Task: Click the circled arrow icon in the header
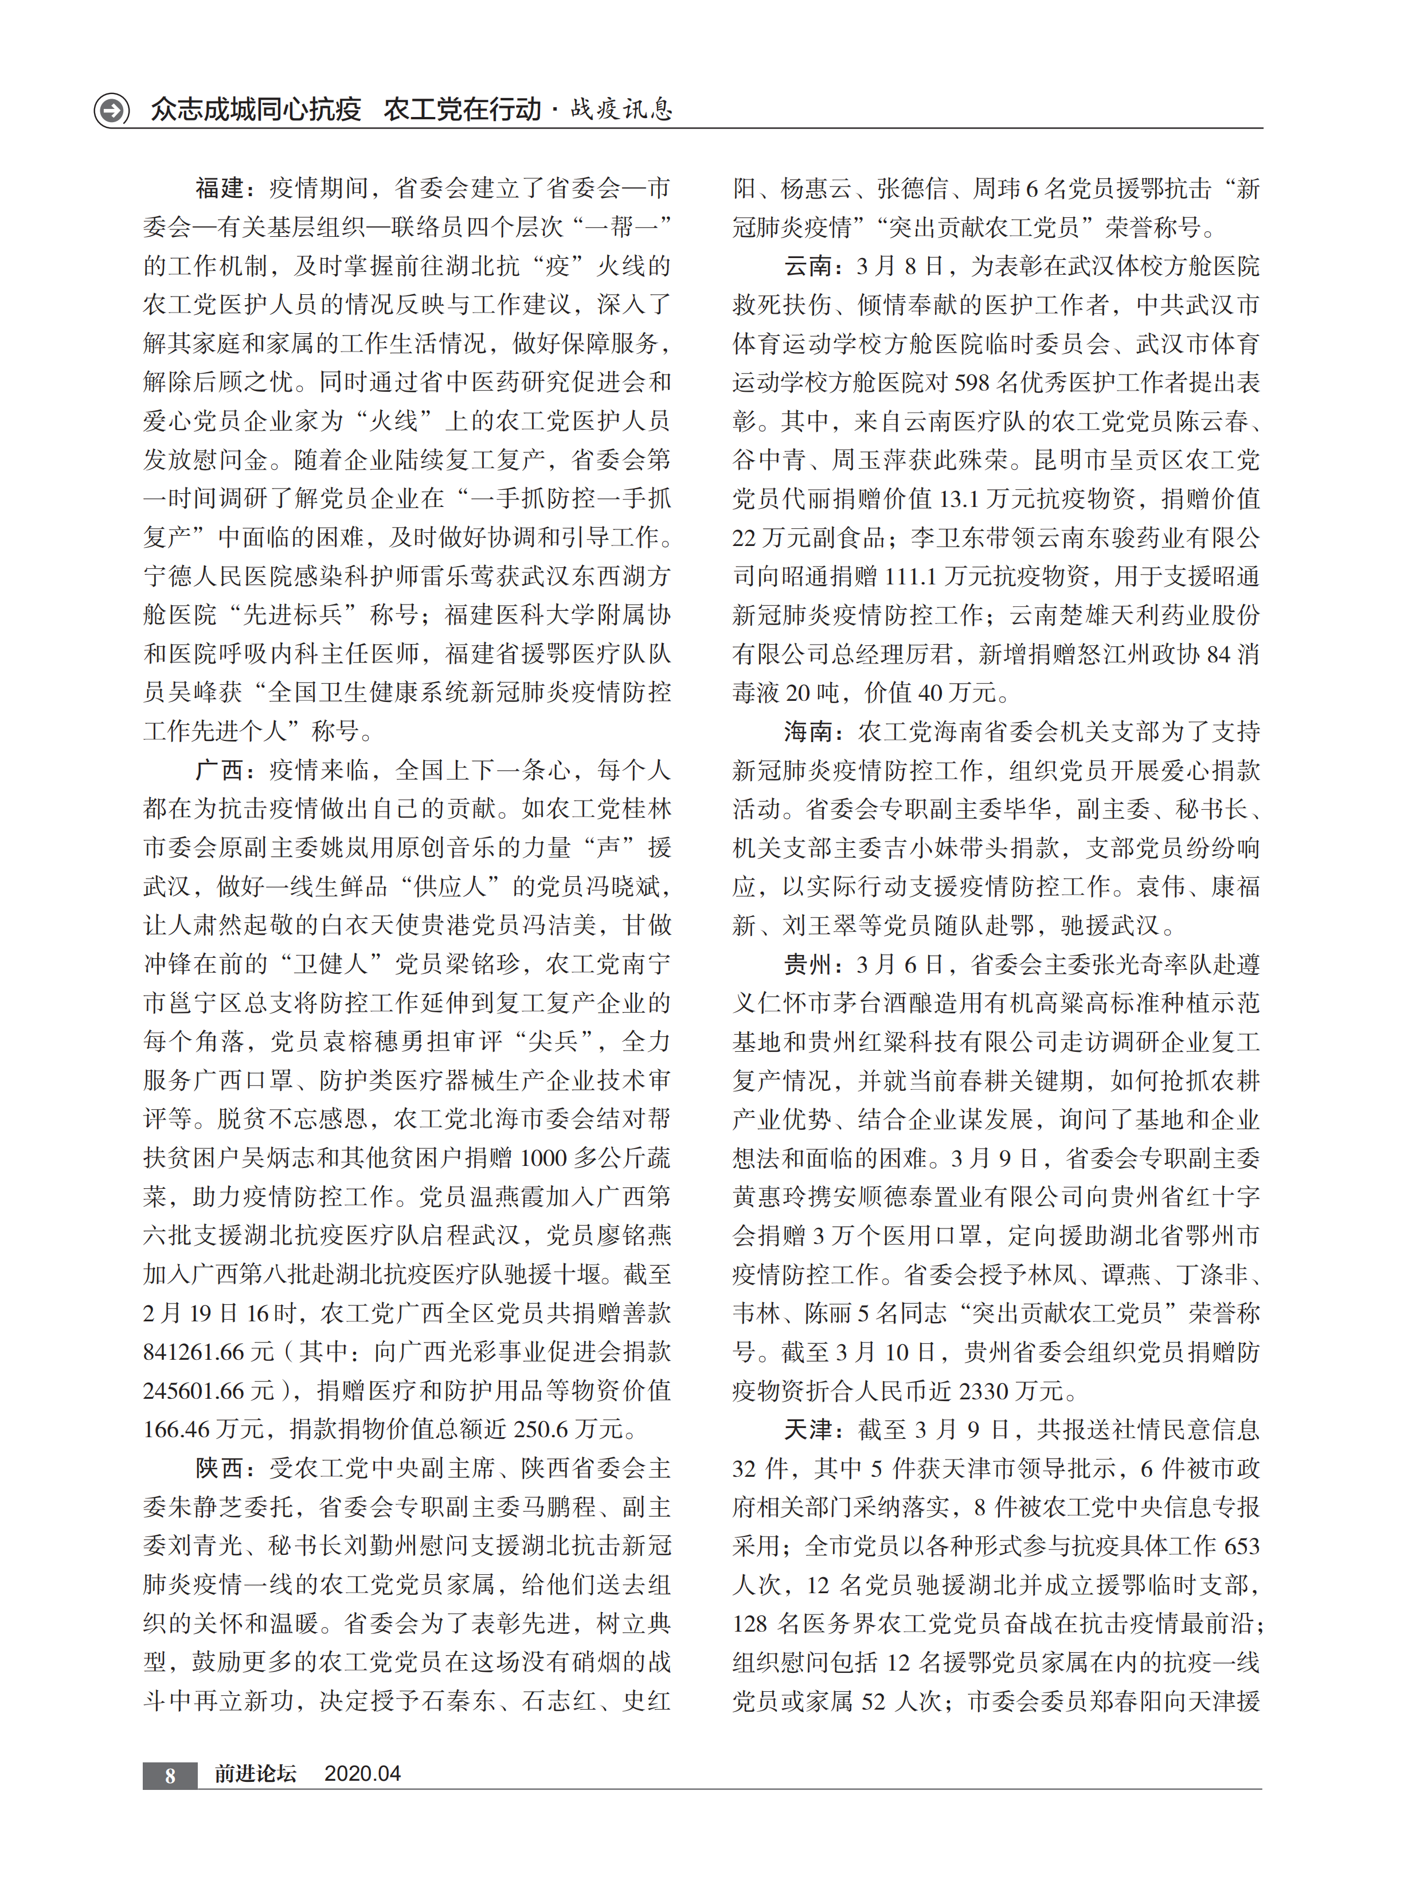click(x=111, y=110)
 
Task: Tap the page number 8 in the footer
click(x=170, y=1774)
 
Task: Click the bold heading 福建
click(x=219, y=188)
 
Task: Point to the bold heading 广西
click(x=219, y=770)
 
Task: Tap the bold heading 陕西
click(x=219, y=1468)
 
